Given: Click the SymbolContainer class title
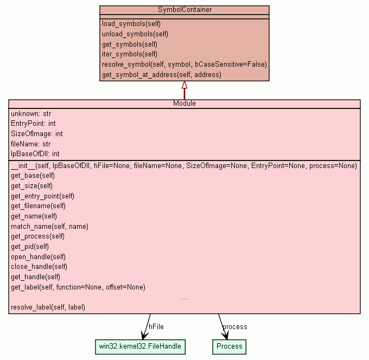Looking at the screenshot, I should click(184, 10).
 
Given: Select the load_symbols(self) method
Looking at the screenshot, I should click(131, 24).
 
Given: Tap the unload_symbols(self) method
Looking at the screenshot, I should click(135, 34).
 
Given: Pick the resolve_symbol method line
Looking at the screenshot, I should click(184, 64).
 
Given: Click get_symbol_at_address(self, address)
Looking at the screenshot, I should click(161, 74).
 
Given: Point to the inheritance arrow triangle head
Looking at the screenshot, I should click(184, 85).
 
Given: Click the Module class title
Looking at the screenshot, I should click(184, 104).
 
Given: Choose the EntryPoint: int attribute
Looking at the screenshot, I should click(33, 124).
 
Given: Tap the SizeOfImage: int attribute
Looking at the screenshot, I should click(36, 133).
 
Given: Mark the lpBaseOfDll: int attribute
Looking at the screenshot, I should click(35, 154).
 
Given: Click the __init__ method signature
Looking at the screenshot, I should click(183, 166).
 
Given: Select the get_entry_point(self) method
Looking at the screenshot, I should click(42, 196).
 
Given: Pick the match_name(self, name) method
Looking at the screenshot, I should click(49, 226).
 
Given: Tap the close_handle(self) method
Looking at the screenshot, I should click(39, 267).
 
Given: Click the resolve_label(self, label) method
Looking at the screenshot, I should click(48, 307).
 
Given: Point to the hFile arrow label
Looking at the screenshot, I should click(156, 326).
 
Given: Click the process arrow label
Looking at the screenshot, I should click(235, 326).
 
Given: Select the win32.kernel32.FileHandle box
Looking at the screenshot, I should click(140, 346).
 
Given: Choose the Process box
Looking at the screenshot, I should click(230, 346).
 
